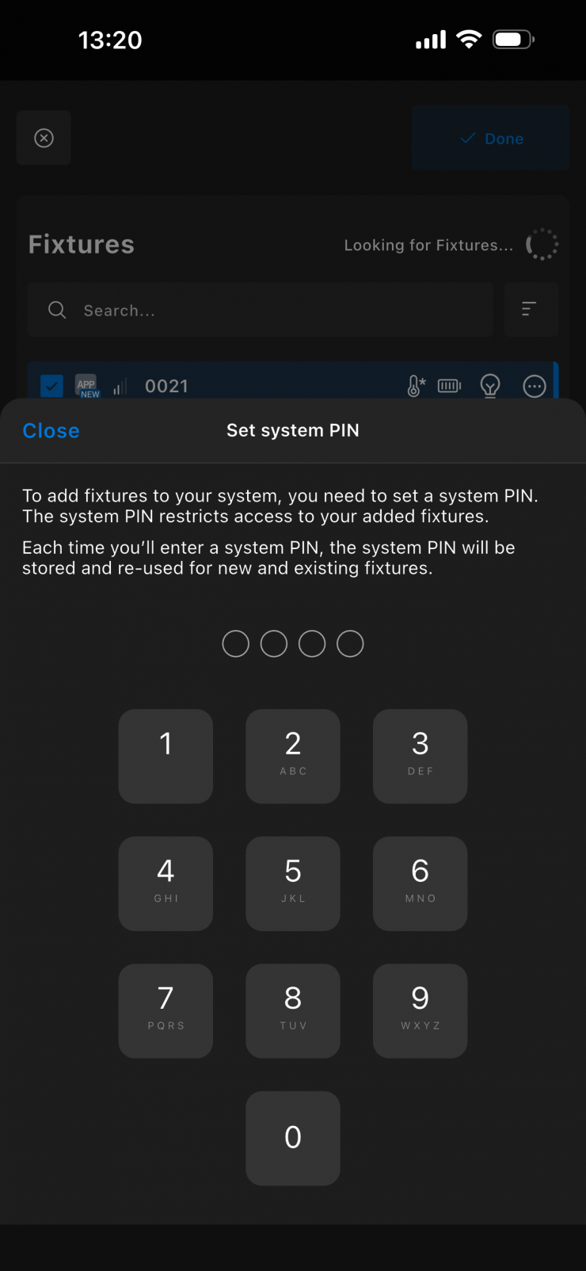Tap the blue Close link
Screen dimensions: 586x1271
(51, 430)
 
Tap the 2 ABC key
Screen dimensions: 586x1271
(293, 756)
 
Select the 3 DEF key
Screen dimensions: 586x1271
(420, 756)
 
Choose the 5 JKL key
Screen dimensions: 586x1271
(293, 884)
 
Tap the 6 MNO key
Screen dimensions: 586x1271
(420, 884)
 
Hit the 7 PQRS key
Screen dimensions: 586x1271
(166, 1010)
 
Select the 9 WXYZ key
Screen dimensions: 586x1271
(420, 1010)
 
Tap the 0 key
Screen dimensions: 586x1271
(293, 1138)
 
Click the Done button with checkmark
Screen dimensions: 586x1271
(491, 138)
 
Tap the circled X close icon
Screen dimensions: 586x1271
(44, 138)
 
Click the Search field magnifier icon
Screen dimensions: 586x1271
(57, 310)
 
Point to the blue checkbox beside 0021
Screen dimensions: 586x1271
(51, 387)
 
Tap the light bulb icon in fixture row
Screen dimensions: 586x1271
(490, 387)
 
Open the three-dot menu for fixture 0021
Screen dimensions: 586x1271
(535, 387)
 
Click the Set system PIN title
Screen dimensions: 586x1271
(293, 430)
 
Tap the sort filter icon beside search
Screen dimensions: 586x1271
(529, 309)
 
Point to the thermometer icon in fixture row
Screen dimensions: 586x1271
(416, 387)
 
